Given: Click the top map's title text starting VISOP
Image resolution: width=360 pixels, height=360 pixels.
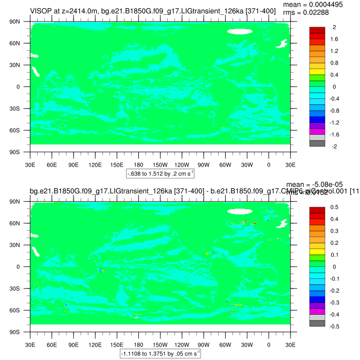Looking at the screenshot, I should [149, 11].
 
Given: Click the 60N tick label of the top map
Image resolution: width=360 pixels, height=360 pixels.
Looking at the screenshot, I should [21, 44].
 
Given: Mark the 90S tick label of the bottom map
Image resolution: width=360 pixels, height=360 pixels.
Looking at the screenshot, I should [21, 332].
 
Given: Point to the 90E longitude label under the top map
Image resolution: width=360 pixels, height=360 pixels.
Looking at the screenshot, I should [73, 165].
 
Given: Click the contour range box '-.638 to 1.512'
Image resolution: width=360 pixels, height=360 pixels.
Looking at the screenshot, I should [160, 174].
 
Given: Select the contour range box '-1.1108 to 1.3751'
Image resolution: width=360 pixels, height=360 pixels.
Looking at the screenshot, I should [160, 354].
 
